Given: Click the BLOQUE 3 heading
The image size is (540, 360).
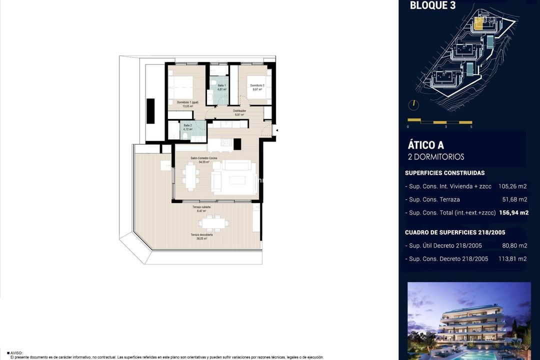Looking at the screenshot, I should tap(432, 5).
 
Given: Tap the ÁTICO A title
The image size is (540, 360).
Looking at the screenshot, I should tap(425, 145).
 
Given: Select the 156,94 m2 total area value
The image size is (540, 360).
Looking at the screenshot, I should tap(513, 212).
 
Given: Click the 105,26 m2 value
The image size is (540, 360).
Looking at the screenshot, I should tap(512, 186).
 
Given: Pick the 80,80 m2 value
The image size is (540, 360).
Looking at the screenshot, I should tap(514, 245).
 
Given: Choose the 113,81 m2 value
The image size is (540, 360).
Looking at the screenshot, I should tap(514, 258).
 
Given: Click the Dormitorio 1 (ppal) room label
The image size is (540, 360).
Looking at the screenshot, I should tap(187, 102).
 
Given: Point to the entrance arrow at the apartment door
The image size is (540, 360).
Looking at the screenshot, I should tap(277, 130).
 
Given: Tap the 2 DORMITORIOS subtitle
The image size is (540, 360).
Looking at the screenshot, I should tap(436, 157).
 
